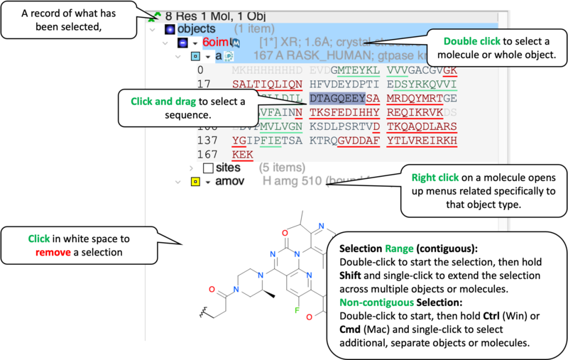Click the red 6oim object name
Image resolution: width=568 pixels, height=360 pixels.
pos(215,43)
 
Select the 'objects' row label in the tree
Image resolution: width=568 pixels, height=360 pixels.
pos(195,29)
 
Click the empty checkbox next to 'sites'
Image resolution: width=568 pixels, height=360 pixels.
pos(208,168)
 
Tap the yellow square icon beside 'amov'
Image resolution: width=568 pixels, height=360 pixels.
pos(194,182)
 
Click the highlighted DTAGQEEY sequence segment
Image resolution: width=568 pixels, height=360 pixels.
pos(337,97)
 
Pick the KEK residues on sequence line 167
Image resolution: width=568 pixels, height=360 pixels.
pos(242,154)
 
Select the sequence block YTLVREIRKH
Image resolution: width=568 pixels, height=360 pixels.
pos(417,140)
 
